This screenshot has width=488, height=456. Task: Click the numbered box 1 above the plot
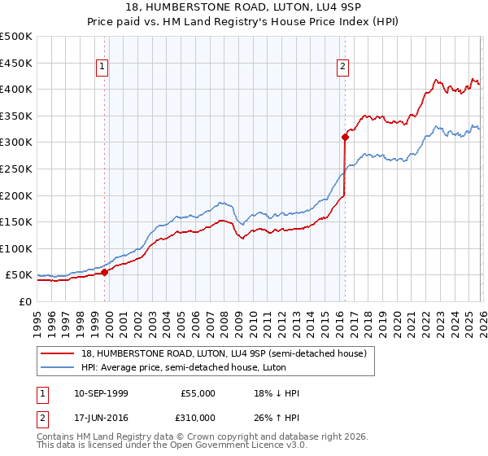(103, 67)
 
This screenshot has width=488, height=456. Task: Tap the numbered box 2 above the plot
(343, 67)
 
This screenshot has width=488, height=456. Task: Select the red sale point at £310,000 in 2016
(345, 138)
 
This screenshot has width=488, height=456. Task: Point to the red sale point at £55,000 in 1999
(104, 273)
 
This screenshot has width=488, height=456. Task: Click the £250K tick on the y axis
(16, 169)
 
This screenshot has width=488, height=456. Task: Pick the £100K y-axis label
(16, 248)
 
